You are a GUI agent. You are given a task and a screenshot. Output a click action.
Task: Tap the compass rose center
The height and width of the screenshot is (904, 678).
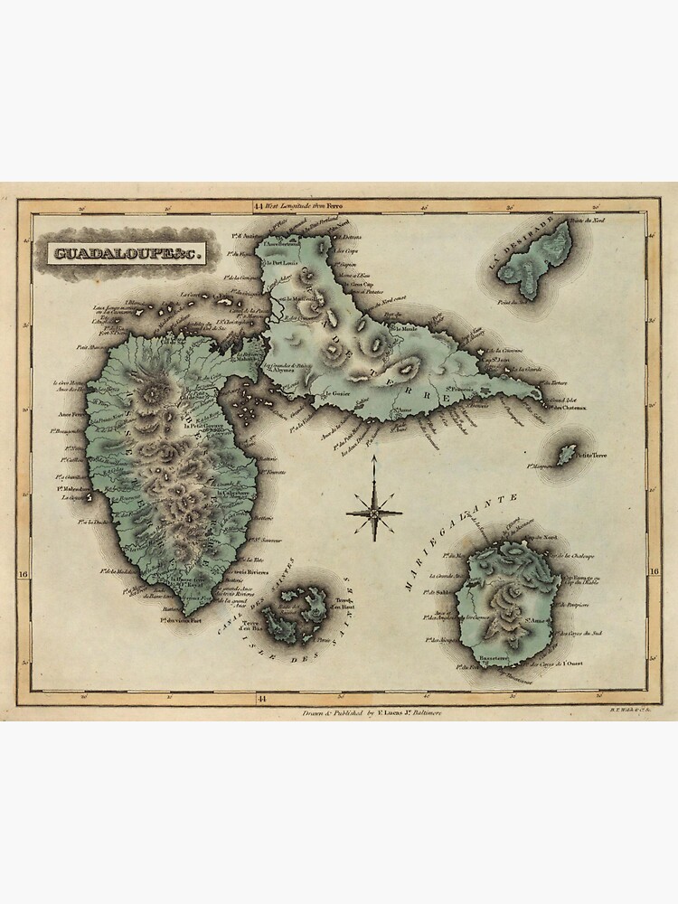(x=373, y=512)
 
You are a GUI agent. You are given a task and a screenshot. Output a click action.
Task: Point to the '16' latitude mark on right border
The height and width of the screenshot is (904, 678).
(x=655, y=571)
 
